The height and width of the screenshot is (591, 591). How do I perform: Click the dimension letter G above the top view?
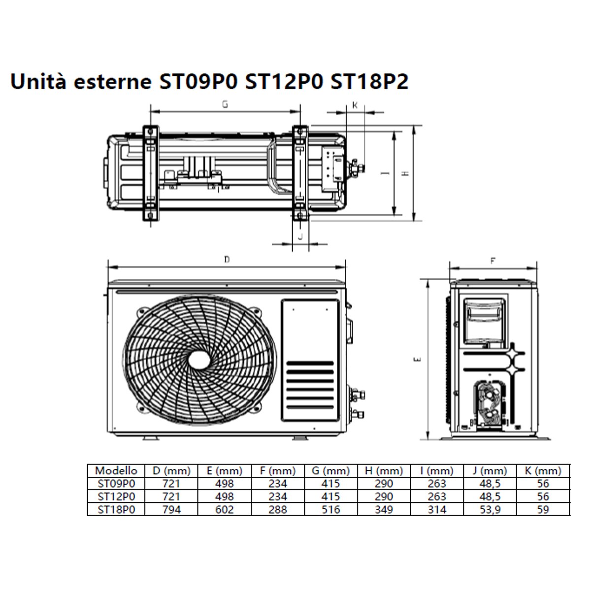[x=225, y=104]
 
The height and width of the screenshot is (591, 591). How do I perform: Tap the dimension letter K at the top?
[x=355, y=105]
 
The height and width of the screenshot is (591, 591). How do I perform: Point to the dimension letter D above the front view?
[x=227, y=260]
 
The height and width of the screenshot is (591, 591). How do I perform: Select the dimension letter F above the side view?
[x=492, y=262]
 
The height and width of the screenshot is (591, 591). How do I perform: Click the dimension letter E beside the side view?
[x=417, y=360]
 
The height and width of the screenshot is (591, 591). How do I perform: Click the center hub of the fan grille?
[x=199, y=359]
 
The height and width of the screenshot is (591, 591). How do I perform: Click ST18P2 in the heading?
[x=369, y=82]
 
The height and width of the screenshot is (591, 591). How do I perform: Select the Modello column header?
[x=116, y=471]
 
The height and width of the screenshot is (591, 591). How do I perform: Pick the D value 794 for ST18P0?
[x=171, y=510]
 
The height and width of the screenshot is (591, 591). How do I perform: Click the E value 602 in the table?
[x=224, y=510]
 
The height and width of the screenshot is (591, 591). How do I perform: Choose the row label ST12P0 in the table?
[x=116, y=497]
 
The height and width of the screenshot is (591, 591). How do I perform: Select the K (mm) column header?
[x=543, y=471]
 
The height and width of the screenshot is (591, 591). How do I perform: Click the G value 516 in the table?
[x=330, y=510]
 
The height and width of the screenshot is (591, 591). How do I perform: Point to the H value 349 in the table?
[x=383, y=510]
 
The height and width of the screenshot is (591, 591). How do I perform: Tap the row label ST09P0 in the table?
[x=116, y=484]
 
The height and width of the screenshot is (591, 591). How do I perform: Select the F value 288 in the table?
[x=277, y=510]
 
